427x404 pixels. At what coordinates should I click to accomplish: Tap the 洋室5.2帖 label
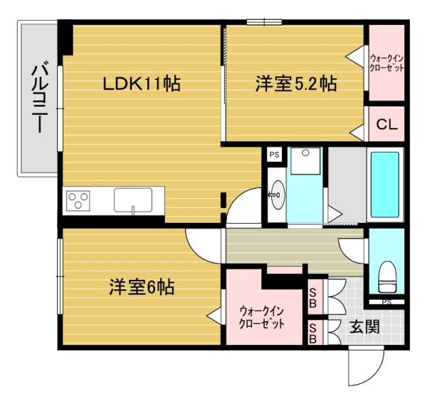click(296, 84)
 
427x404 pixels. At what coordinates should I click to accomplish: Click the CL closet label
click(386, 125)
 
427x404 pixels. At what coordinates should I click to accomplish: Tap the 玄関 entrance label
click(364, 327)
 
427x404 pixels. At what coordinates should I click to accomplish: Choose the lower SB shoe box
click(312, 333)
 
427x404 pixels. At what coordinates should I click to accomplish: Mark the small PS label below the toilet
click(386, 302)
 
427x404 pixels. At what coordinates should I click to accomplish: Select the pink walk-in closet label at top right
click(386, 62)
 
